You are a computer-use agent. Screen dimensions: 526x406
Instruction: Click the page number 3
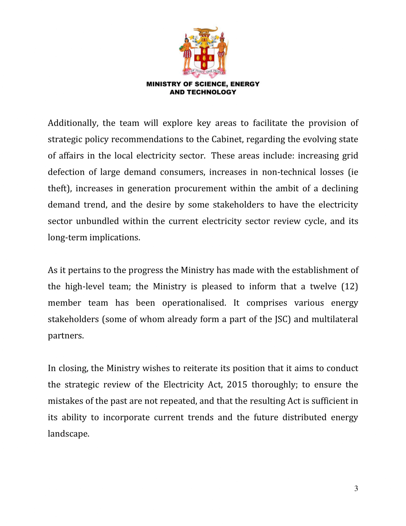click(356, 488)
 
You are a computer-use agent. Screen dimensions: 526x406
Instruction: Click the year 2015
click(237, 384)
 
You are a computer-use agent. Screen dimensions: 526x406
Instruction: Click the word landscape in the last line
click(68, 434)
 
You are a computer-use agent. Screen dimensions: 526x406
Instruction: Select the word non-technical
click(289, 172)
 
